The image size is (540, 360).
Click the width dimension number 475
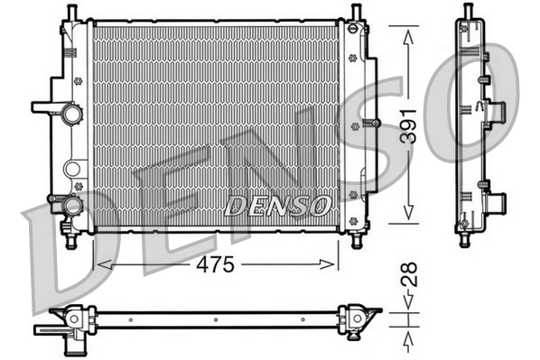point(217,264)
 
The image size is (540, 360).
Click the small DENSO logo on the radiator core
point(276,206)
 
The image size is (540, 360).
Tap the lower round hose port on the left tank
point(70,207)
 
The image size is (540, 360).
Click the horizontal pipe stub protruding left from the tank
point(43,106)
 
